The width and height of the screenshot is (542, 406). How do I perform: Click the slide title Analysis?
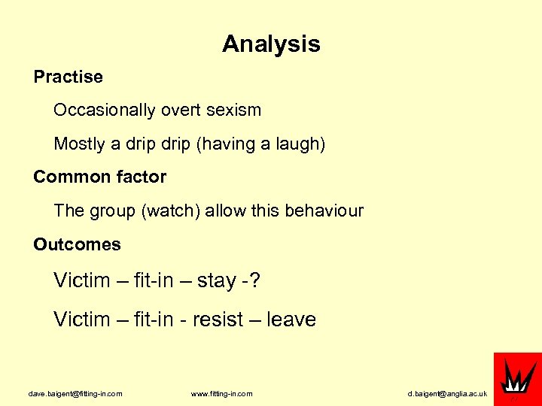[271, 44]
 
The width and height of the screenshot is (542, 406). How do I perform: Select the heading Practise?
[68, 77]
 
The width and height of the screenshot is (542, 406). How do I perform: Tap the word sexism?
[232, 110]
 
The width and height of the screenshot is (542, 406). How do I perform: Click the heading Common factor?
[99, 177]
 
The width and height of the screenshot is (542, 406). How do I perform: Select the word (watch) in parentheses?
[170, 211]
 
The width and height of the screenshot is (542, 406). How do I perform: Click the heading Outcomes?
[77, 244]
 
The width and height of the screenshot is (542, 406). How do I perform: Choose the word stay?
[217, 281]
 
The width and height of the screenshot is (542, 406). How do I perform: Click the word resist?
[217, 320]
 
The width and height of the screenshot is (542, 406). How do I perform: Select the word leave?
[291, 320]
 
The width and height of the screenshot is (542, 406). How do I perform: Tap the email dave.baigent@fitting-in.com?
[75, 393]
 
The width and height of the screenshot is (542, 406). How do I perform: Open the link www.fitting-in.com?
[222, 393]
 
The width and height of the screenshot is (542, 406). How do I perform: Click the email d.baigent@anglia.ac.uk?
[447, 393]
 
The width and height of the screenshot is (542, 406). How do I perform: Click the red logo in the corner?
[517, 376]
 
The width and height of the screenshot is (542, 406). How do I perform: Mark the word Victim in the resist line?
[82, 320]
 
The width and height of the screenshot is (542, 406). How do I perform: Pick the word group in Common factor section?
[113, 211]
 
